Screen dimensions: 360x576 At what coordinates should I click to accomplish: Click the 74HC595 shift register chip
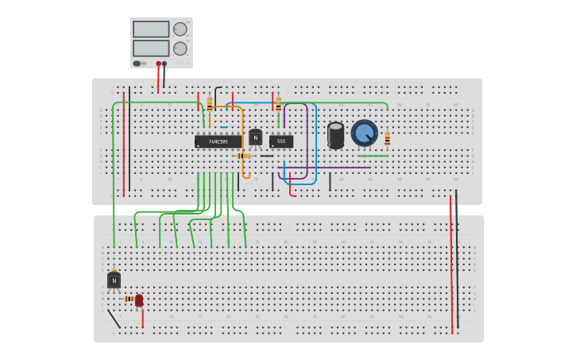(218, 141)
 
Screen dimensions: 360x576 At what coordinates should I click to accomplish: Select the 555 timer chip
(281, 141)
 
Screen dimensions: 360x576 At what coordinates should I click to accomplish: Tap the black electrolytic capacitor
(336, 134)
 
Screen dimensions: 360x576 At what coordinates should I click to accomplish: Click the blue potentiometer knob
(365, 133)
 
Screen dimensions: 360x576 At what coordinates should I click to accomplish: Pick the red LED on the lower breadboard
(139, 300)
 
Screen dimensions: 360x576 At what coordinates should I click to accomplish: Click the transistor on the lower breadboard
(114, 281)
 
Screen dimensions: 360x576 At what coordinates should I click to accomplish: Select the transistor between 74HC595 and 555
(255, 137)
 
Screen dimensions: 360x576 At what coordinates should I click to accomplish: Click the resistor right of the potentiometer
(388, 139)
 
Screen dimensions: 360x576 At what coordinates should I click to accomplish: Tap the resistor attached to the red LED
(129, 299)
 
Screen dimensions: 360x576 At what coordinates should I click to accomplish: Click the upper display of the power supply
(151, 29)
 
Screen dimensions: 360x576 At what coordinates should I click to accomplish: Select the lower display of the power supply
(151, 48)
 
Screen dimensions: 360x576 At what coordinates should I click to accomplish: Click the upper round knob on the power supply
(180, 29)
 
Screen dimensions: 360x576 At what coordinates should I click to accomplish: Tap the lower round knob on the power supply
(180, 48)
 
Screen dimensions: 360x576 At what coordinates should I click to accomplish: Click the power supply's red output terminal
(158, 64)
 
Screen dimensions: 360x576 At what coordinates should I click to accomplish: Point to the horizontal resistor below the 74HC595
(243, 156)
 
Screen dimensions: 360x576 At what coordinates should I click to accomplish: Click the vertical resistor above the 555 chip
(278, 103)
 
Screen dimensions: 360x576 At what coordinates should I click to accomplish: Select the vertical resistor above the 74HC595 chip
(210, 104)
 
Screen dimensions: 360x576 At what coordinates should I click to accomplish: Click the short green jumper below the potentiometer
(373, 156)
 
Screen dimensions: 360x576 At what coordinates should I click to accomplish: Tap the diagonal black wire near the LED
(114, 319)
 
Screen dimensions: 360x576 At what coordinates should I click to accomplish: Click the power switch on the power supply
(137, 64)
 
